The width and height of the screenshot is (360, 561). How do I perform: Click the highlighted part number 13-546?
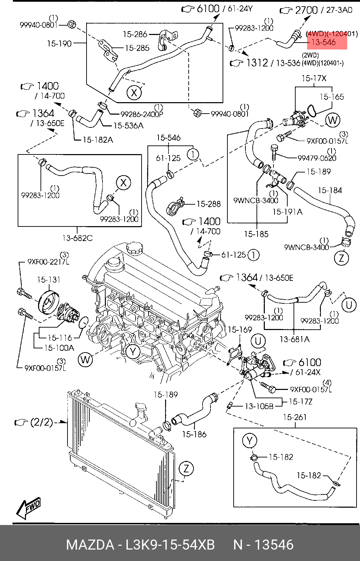coord(324,43)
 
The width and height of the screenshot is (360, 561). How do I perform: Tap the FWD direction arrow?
coord(29,508)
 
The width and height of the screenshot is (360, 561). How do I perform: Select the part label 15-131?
coord(49,279)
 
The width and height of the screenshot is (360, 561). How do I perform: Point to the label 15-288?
coord(208,204)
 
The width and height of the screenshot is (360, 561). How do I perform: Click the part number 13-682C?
coord(78,238)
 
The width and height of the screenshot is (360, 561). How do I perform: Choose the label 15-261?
coord(295,417)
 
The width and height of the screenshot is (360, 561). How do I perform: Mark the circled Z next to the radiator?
coord(186,469)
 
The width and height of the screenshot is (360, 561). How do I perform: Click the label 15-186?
coord(194,434)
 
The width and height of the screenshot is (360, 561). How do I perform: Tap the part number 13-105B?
coord(259,406)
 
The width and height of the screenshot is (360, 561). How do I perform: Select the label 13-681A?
coord(295,339)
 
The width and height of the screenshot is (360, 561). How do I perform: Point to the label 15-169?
coord(240,329)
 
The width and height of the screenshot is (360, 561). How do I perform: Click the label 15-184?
coord(330,190)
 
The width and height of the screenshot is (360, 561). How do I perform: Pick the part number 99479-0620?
coord(317,158)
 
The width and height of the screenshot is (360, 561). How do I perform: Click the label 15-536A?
coord(128,126)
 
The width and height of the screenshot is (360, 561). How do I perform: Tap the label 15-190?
coord(59,44)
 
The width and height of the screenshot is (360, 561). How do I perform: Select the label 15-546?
coord(168,138)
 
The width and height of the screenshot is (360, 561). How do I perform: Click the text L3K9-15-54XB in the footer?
coord(170,545)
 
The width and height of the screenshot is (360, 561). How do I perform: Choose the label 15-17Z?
coord(300,402)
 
